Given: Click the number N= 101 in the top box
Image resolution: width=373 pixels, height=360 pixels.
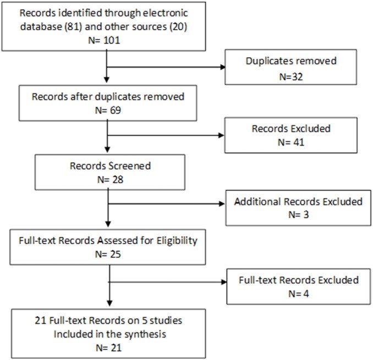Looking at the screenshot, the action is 104,40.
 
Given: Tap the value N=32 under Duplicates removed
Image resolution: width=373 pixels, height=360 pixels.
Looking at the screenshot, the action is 291,77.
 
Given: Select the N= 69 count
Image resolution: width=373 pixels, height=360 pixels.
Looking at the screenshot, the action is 108,110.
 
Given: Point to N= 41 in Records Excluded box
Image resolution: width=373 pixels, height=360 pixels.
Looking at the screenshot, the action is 291,142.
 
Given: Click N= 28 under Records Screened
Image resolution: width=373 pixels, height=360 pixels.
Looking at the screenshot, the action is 110,180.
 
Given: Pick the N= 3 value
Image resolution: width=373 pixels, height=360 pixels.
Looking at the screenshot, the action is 299,214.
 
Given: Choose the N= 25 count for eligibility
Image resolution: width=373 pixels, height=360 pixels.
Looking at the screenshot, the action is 108,254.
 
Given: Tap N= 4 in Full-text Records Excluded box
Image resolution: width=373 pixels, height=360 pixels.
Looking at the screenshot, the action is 299,293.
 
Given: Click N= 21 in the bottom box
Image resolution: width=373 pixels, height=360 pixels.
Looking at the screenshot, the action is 108,348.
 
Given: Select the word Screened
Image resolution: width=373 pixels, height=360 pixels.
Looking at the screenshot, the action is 130,166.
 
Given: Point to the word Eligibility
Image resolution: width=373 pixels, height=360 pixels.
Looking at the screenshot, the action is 177,241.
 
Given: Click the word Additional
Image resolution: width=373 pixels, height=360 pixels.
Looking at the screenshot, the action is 257,202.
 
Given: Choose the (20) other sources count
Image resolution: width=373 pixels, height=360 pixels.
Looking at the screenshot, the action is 178,26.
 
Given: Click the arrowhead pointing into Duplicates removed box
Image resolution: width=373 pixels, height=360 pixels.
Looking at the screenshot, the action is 223,67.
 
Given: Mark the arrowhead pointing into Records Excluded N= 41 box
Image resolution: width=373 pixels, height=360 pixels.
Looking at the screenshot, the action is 221,135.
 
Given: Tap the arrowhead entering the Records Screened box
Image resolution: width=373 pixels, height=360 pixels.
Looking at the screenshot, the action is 107,149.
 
